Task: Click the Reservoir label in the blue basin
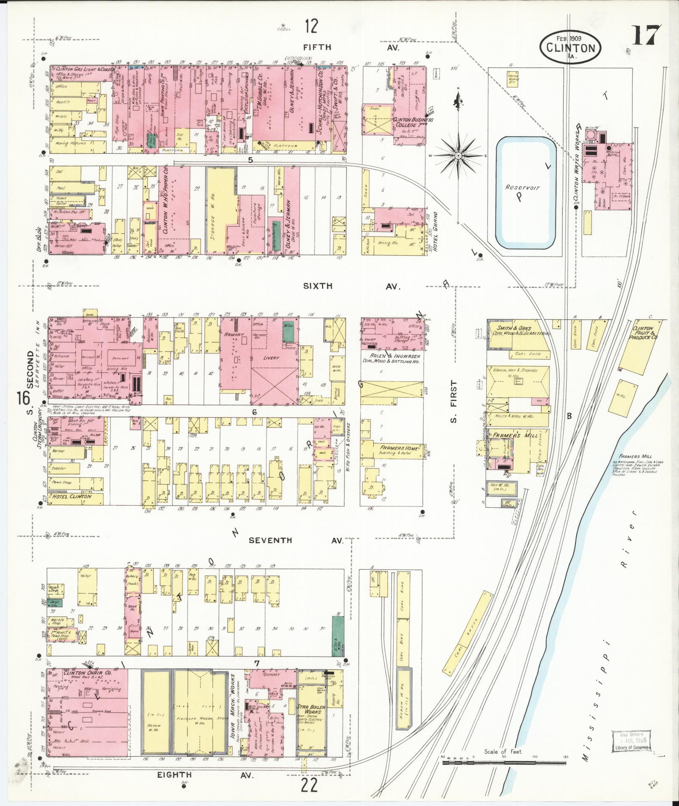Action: [523, 188]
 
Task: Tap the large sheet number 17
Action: [645, 36]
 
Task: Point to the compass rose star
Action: [458, 155]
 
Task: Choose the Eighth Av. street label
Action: [205, 774]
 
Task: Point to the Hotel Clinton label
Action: [72, 496]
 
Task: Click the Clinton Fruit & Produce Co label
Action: [643, 333]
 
